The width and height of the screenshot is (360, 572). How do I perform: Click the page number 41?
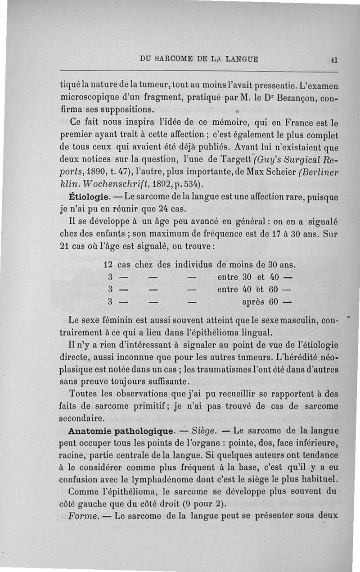[x=334, y=59]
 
